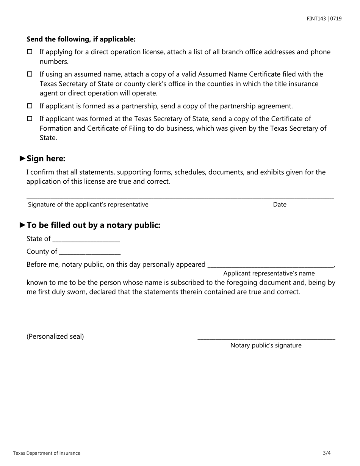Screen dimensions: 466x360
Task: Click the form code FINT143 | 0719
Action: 324,18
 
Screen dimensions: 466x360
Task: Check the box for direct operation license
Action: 30,52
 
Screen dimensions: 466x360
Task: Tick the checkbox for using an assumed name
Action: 30,74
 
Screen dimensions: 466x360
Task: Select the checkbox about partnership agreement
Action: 30,106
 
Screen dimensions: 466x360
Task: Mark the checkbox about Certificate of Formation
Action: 30,119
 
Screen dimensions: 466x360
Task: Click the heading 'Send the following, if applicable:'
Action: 81,39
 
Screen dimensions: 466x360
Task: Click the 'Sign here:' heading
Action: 46,158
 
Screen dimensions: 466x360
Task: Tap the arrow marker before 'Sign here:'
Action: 22,158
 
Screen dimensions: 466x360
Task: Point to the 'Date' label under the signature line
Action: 280,205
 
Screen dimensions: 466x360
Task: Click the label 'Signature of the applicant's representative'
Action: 88,205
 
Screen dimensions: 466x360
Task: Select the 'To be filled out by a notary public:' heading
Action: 93,225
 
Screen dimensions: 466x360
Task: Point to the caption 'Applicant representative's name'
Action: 269,274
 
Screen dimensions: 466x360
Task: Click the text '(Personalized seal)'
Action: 55,336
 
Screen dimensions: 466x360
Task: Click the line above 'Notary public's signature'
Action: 266,338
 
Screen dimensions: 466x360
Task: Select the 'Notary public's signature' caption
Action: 266,346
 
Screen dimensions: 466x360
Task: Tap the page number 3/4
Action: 327,453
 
